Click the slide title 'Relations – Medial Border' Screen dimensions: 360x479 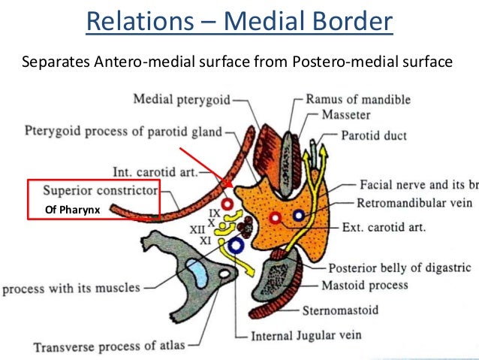coord(239,22)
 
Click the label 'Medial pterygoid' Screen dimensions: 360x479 coord(180,98)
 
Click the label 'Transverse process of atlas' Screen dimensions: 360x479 coord(108,347)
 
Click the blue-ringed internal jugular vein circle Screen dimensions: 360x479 coord(237,245)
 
